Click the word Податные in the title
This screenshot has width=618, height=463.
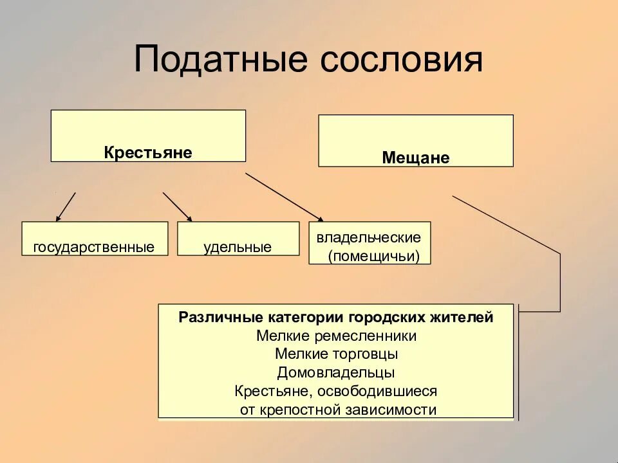coord(218,59)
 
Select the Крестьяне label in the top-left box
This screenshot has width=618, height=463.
coord(148,152)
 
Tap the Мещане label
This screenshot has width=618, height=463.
coord(416,158)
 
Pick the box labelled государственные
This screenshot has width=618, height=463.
coord(94,239)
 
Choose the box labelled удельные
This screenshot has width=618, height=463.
coord(238,239)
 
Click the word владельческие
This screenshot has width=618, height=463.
coord(369,237)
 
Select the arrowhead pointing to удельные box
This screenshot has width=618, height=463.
coord(189,218)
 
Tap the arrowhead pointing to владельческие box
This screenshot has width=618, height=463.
coord(319,219)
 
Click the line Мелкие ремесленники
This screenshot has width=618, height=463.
coord(336,336)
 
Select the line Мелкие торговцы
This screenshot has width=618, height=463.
coord(336,354)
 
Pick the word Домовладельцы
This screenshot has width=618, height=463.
coord(336,372)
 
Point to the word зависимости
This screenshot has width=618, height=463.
coord(400,410)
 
